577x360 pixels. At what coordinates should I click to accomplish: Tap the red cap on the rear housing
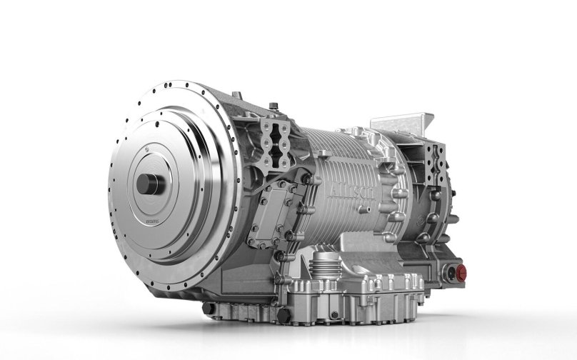pos(461,271)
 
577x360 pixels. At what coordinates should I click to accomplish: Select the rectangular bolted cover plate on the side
pos(271,211)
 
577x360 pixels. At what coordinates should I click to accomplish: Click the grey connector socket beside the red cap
pos(448,271)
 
